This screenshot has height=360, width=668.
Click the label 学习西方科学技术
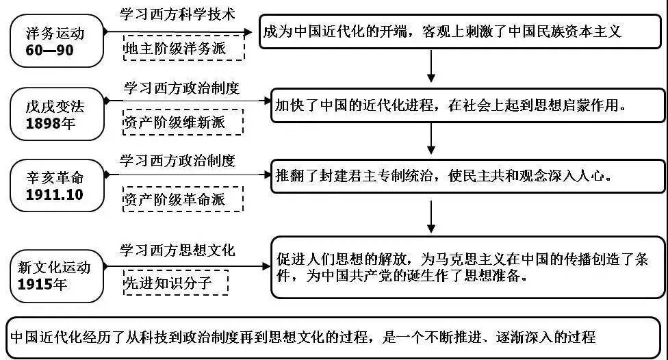point(177,14)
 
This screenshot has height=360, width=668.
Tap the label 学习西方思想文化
point(177,250)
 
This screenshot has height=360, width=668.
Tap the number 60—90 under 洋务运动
point(49,50)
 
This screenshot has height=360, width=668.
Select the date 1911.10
point(55,194)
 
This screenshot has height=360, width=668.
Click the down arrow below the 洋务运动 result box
point(431,66)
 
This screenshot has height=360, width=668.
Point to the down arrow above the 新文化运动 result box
point(431,217)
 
